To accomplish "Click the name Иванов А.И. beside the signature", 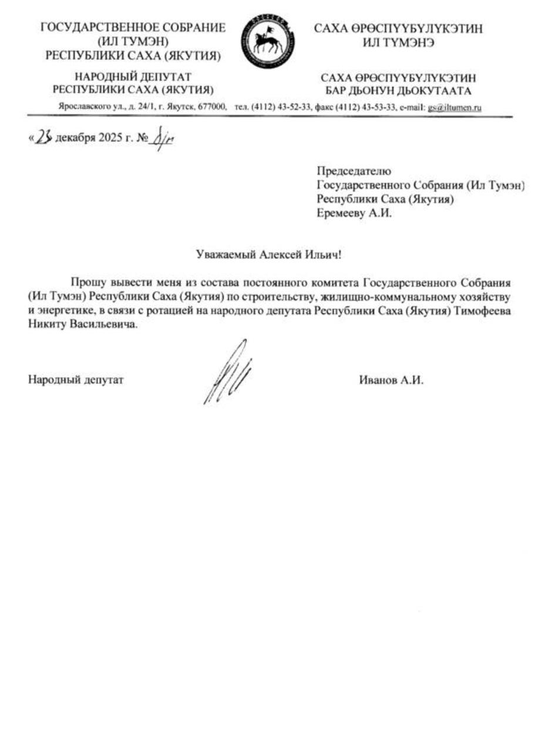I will coord(391,380).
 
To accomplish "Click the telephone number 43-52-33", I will coord(292,107).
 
